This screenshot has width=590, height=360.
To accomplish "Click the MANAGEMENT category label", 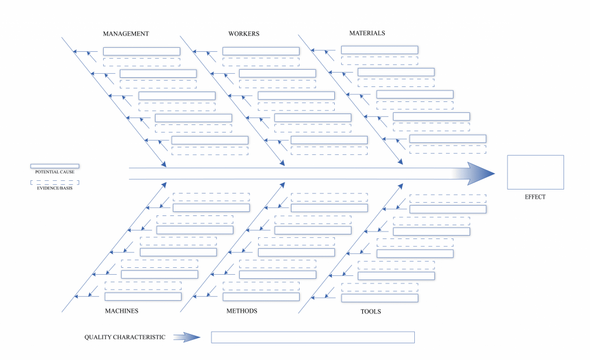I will click(x=126, y=34).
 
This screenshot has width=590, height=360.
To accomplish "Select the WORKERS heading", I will click(x=244, y=34).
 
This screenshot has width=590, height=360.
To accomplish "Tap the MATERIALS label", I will click(x=367, y=33).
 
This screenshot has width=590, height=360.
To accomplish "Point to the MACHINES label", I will click(x=122, y=311).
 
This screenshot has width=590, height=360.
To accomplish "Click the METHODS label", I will click(x=241, y=311).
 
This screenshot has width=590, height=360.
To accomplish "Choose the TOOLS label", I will click(x=370, y=312).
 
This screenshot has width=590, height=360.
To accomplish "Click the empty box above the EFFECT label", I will click(x=535, y=172).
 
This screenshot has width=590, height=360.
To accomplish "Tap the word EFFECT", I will click(x=535, y=197).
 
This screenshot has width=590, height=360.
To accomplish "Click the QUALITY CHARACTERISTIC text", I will click(x=125, y=338).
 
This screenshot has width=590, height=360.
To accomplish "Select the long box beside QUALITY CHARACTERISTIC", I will click(x=313, y=337).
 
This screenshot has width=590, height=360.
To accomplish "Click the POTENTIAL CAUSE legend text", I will click(x=55, y=172).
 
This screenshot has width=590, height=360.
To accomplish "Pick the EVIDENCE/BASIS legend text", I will click(x=55, y=188).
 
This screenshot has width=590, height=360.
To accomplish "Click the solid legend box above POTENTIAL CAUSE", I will click(x=55, y=166).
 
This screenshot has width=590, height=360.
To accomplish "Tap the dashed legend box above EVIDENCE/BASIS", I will click(x=55, y=181).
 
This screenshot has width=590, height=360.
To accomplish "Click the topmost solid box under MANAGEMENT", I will click(x=142, y=51).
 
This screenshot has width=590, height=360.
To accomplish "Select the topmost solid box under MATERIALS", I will click(x=380, y=50).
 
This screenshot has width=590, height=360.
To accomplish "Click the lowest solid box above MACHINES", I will click(x=143, y=297).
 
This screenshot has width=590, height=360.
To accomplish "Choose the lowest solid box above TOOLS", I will click(x=380, y=298).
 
